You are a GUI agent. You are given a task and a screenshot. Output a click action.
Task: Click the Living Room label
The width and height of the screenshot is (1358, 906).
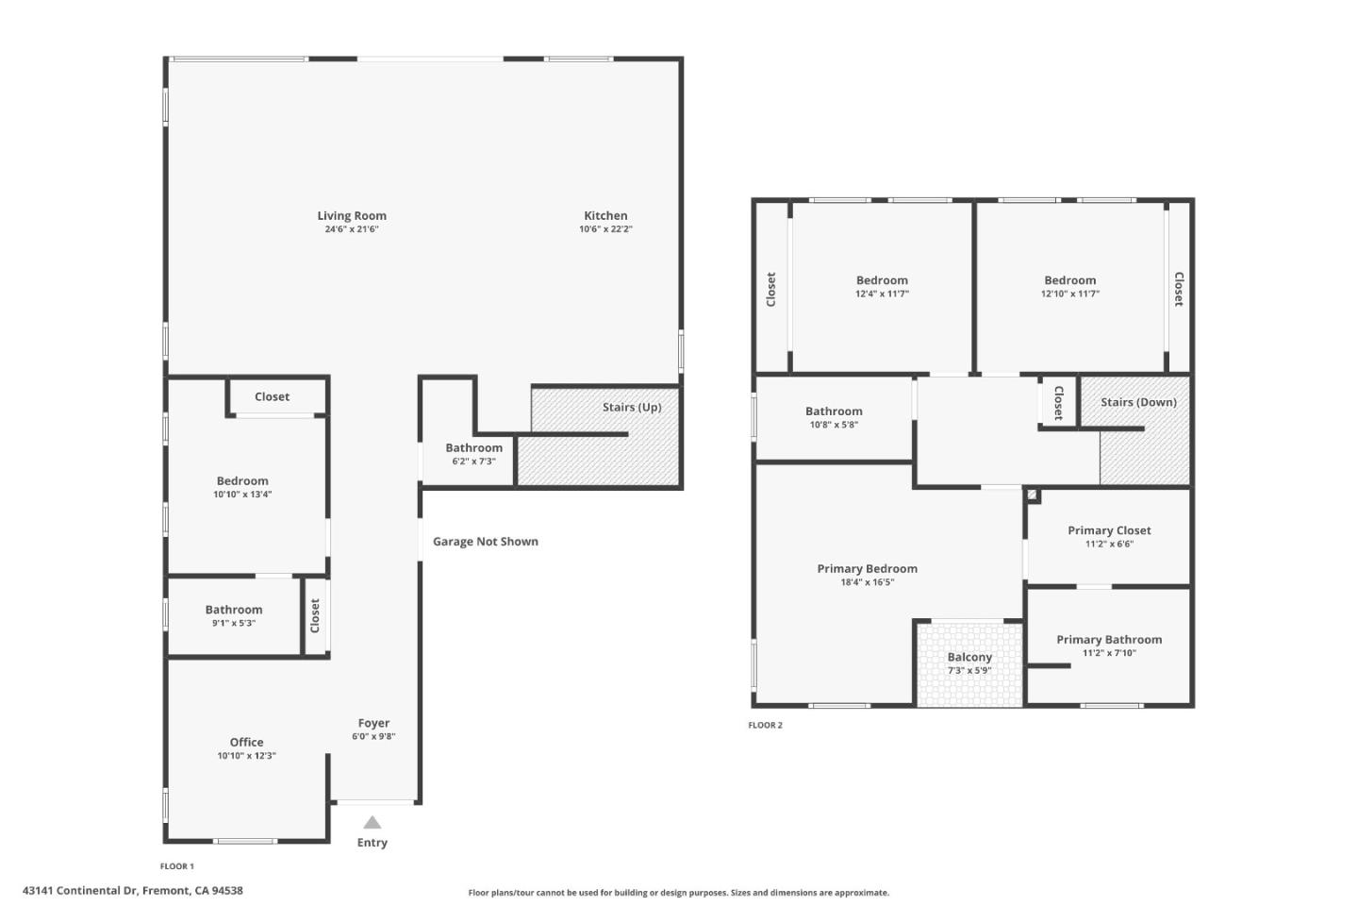point(352,216)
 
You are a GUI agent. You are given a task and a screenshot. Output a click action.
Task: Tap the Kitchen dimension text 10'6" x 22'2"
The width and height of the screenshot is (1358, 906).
point(605,229)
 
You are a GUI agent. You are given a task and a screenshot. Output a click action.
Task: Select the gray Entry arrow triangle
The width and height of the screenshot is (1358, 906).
point(373,822)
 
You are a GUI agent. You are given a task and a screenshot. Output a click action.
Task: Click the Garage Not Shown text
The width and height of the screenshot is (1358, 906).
point(485,542)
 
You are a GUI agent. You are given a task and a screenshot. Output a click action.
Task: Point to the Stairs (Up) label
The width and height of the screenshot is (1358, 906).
point(632,408)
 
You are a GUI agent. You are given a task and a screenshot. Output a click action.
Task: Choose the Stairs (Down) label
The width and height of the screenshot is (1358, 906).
point(1138,402)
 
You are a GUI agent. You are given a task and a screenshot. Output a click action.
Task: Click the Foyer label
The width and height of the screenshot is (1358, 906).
point(373,723)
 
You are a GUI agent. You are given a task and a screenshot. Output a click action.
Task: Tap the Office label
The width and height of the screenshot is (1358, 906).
point(246,742)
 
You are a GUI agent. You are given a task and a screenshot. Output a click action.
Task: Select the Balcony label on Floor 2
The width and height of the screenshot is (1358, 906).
point(969,657)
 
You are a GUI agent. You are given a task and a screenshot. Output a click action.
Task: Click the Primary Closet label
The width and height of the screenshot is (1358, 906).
point(1109,530)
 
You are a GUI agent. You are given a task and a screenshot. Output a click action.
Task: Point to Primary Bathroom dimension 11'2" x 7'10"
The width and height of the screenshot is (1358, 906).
point(1109,653)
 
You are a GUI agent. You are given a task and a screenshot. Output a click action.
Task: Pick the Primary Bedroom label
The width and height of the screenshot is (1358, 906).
point(867,568)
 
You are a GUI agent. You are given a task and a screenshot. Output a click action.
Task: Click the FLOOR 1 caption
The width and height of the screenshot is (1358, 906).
point(177,866)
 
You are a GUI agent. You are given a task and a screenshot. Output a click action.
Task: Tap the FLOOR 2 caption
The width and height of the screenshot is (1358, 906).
point(765,726)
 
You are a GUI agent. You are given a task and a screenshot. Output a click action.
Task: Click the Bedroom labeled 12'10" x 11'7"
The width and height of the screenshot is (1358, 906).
point(1069,280)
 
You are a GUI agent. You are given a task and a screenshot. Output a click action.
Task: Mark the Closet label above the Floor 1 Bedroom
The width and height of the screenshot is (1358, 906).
point(272,397)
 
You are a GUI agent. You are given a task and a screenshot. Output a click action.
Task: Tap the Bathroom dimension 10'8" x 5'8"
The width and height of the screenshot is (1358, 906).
point(834,425)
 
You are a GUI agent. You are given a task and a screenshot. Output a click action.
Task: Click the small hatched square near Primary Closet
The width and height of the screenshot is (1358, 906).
point(1033,495)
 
